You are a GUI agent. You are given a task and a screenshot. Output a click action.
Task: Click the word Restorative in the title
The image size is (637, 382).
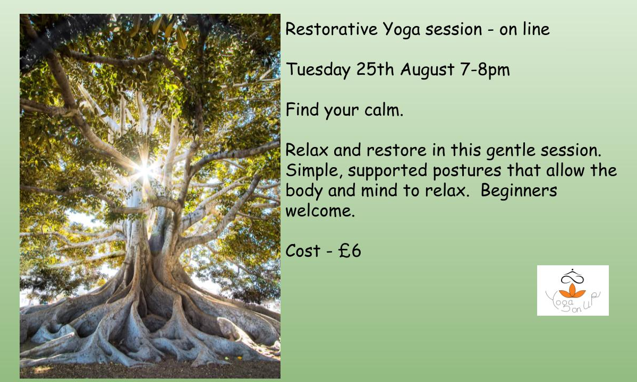(332, 29)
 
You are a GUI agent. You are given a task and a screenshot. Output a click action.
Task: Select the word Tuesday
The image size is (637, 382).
(318, 70)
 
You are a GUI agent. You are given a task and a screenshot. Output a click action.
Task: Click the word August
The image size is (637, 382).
(427, 70)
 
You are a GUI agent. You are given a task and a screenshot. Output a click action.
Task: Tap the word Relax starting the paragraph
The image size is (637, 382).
(307, 150)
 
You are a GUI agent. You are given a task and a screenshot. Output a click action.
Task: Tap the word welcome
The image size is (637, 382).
(320, 211)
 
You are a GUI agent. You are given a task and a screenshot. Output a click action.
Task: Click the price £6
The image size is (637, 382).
(350, 250)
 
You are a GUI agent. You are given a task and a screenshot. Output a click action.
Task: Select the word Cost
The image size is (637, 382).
(303, 250)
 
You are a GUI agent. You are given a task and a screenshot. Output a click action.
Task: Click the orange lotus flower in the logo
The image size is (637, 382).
(572, 291)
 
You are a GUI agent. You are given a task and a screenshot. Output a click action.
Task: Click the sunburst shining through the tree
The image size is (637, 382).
(145, 170)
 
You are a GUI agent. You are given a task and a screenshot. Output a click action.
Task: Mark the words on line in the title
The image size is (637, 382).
(524, 29)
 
